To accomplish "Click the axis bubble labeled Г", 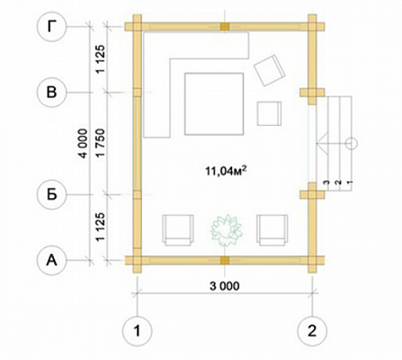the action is click(51, 27).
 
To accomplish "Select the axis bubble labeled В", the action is click(51, 93).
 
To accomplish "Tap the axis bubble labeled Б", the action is click(51, 195).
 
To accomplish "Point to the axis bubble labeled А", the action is click(51, 261).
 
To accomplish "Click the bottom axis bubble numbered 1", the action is click(138, 331).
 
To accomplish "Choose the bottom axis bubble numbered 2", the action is click(312, 331).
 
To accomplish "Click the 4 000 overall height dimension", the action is click(83, 143).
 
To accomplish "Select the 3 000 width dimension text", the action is click(225, 286).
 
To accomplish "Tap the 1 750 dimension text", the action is click(101, 143).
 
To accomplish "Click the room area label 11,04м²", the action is click(226, 171).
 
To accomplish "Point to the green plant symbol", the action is click(226, 230).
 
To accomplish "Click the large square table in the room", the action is click(214, 104).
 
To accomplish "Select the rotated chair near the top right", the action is click(269, 70).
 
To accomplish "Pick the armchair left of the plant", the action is click(177, 230).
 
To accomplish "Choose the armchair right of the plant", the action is click(272, 230).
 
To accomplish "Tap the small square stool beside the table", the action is click(269, 113).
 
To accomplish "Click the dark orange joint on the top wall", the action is click(225, 27).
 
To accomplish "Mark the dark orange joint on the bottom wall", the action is click(225, 260).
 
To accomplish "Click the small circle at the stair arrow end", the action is click(352, 144).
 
